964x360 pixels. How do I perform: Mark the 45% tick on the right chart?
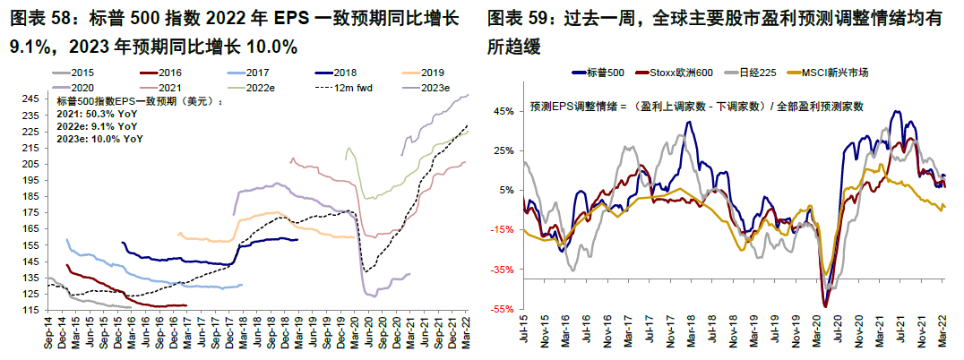[504, 111]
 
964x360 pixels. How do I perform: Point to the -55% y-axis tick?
[502, 310]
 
